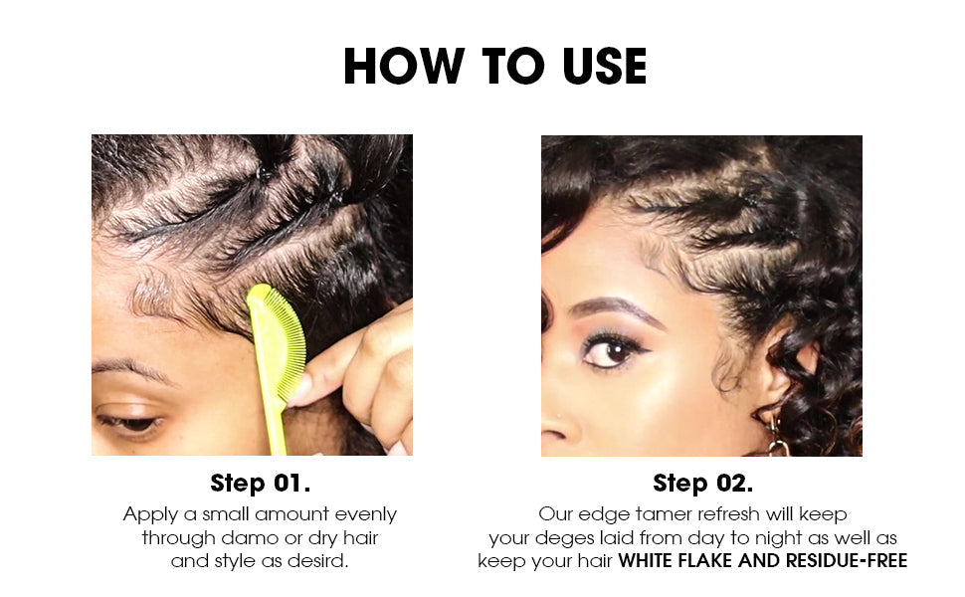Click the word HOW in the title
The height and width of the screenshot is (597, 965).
coord(404,66)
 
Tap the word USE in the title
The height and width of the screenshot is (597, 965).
coord(604,66)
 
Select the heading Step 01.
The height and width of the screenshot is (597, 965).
coord(260,484)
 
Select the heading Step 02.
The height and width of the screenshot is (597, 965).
coord(702,484)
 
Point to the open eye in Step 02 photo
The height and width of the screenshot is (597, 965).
coord(612,352)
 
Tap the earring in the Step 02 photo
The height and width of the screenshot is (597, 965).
coord(777,435)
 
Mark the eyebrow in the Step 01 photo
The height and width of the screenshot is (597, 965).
coord(132,368)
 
